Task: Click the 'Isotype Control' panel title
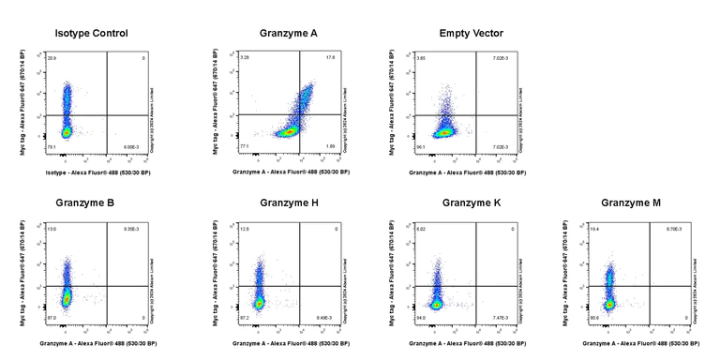click(92, 34)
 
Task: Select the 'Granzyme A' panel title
click(289, 34)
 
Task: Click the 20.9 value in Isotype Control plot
click(52, 58)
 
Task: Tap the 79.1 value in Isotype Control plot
click(52, 147)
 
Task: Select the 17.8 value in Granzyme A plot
click(330, 58)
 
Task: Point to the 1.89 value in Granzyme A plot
click(330, 147)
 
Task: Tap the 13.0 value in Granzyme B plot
click(52, 229)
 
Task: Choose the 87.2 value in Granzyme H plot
click(245, 318)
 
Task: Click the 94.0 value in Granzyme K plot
click(421, 318)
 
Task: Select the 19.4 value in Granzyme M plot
click(595, 229)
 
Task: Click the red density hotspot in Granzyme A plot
click(290, 132)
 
